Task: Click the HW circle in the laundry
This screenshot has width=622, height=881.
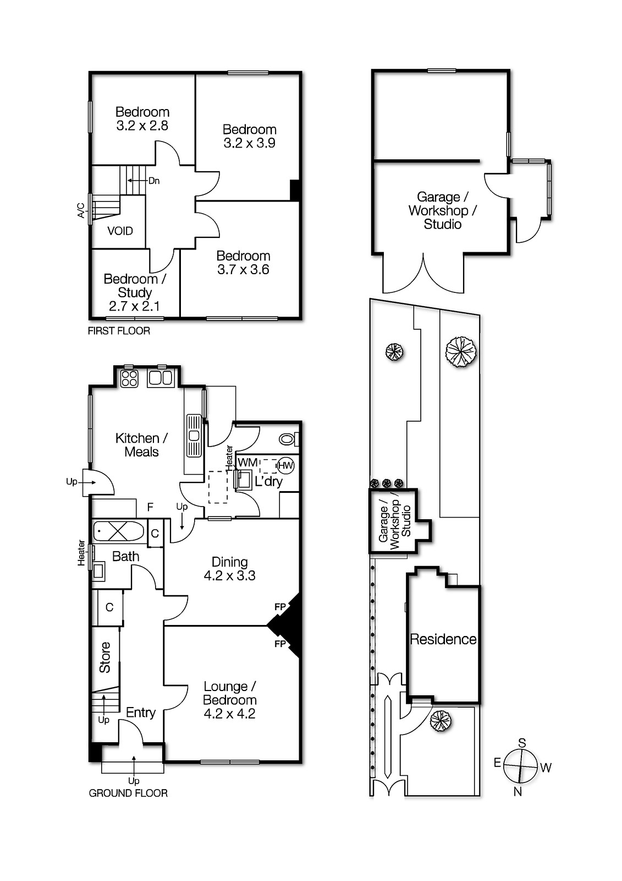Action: pos(285,466)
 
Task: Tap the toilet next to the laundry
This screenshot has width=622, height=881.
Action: pos(289,439)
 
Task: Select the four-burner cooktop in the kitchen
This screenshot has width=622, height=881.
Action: pos(129,378)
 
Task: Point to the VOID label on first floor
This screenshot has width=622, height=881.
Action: pos(120,231)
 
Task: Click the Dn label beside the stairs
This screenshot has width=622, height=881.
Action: pos(154,181)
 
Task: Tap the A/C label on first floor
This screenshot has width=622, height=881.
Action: pos(80,210)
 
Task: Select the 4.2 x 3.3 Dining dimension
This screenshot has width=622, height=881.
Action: pos(229,576)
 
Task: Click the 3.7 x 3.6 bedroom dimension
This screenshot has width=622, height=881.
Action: pos(243,269)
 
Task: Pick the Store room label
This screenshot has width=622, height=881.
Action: pos(104,657)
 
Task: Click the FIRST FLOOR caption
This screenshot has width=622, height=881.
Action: pos(119,331)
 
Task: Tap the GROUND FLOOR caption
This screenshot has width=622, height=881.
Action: pos(128,793)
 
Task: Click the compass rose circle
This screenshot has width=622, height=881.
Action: pos(520,766)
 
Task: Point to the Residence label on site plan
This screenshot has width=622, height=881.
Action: pos(443,639)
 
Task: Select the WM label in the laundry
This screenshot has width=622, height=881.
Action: pos(247,462)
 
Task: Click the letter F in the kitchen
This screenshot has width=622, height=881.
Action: pos(150,508)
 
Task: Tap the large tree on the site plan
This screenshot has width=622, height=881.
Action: pos(461,352)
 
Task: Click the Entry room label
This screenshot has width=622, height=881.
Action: pos(141,713)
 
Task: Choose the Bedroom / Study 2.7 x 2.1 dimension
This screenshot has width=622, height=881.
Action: pos(134,306)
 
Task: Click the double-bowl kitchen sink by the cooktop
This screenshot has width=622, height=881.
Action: pos(161,378)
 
